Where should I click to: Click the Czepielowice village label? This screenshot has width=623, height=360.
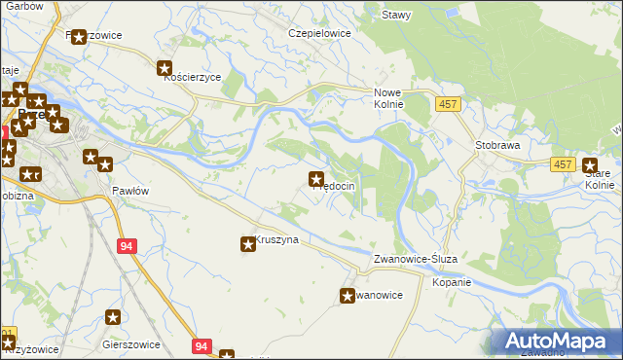(x=318, y=32)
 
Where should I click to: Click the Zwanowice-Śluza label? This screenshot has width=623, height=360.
(x=421, y=260)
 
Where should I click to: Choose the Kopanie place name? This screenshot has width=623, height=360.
(x=452, y=283)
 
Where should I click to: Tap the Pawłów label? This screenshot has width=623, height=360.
(x=129, y=191)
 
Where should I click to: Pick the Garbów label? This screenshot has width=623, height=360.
(x=23, y=5)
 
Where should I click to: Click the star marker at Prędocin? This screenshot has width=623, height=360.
(x=316, y=179)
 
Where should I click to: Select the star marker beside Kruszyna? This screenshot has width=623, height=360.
(x=248, y=244)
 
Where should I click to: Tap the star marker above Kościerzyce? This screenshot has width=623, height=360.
(x=165, y=68)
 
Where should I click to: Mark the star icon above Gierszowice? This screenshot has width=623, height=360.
(x=113, y=316)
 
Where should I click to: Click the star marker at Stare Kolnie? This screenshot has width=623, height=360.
(x=590, y=166)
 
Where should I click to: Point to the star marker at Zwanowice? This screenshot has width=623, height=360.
(x=348, y=295)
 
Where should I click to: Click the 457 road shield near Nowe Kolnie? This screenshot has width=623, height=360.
(x=447, y=104)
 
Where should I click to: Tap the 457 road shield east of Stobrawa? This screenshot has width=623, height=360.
(x=563, y=166)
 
